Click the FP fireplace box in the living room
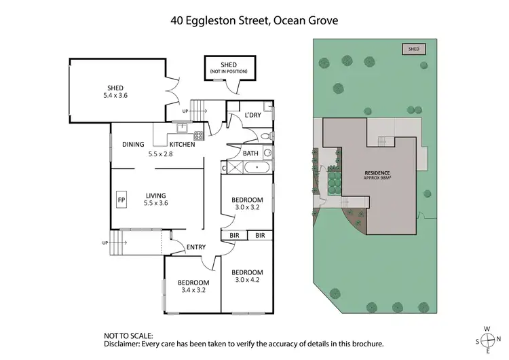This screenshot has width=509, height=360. (x=122, y=200)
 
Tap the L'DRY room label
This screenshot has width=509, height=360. (x=253, y=115)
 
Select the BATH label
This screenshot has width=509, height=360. (x=250, y=153)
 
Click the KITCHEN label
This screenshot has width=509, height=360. (x=182, y=144)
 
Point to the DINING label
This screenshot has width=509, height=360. (x=133, y=144)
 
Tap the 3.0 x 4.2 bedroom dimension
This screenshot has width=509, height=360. (x=248, y=279)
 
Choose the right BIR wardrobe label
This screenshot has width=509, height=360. (x=259, y=235)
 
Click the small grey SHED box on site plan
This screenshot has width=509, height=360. (x=413, y=49)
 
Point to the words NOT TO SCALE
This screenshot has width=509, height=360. (x=128, y=336)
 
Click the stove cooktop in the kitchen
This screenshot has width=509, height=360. (x=199, y=135)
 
